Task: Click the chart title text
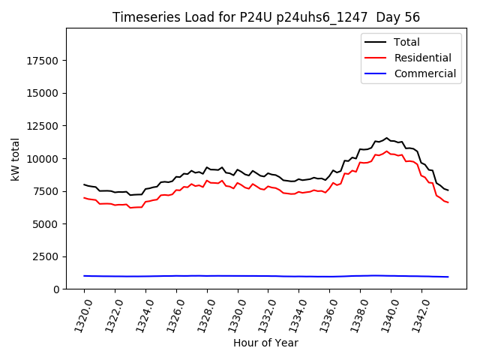coord(265,17)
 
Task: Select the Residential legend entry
coord(422,58)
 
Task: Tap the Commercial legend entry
coord(424,73)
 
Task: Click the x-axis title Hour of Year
coord(265,343)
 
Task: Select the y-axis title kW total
coord(15,159)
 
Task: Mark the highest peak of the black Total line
coord(387,138)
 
